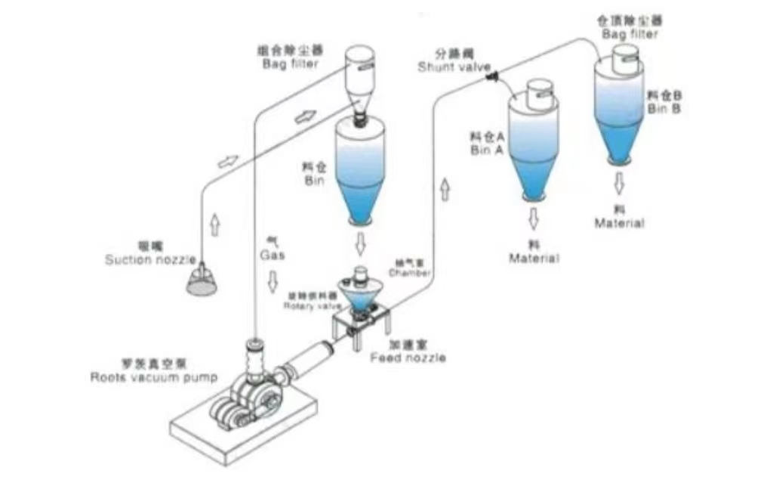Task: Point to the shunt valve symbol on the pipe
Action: point(492,74)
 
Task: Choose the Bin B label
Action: point(664,103)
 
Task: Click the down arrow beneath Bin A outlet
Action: point(534,219)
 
